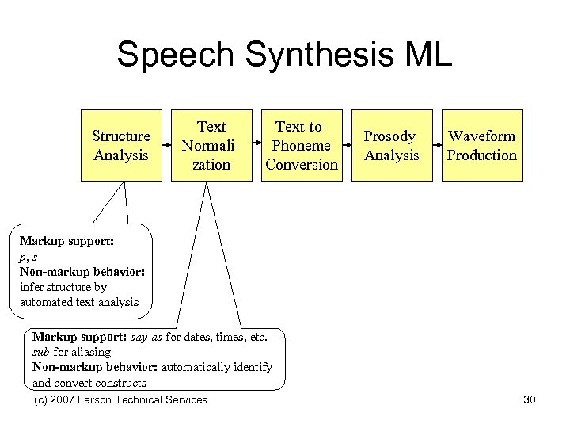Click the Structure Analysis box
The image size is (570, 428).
(x=121, y=146)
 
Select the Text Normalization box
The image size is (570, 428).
(x=211, y=146)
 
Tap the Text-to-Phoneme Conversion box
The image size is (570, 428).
(x=302, y=146)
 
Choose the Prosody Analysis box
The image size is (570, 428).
(x=392, y=146)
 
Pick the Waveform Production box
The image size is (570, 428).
(x=481, y=146)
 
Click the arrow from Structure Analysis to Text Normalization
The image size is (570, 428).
(x=166, y=146)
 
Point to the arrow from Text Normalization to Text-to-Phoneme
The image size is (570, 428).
(x=256, y=146)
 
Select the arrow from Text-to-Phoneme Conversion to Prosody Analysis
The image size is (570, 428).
(x=347, y=146)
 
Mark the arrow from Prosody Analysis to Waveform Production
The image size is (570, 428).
(x=437, y=146)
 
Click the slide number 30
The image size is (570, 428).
(x=530, y=399)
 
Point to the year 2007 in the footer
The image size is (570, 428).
(x=63, y=399)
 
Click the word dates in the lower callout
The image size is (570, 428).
(x=204, y=336)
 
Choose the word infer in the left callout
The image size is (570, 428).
(x=32, y=286)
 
